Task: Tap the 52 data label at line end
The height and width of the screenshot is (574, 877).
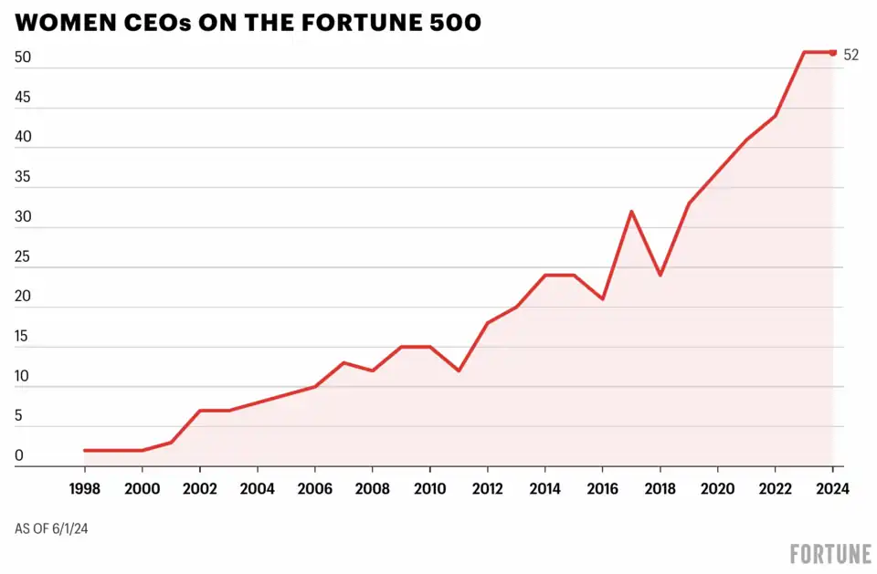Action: [x=851, y=55]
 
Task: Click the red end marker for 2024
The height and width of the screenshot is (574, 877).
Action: [x=833, y=52]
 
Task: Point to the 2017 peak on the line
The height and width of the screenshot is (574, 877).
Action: [x=631, y=211]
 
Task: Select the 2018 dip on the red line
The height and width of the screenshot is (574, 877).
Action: [x=660, y=275]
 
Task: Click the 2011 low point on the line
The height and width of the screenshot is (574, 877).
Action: [x=459, y=370]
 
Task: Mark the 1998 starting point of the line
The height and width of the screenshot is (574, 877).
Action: [x=84, y=450]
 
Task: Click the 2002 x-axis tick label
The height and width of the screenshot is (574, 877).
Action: [x=199, y=488]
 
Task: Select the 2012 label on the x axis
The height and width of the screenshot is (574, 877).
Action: [x=487, y=488]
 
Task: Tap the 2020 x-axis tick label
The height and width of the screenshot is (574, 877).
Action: [x=717, y=488]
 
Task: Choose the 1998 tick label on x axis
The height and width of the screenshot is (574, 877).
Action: [x=84, y=488]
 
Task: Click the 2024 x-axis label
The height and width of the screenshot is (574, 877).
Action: [x=832, y=488]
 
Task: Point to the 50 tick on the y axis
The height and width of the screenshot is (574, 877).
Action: [x=23, y=57]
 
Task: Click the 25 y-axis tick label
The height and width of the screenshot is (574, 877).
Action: [x=23, y=256]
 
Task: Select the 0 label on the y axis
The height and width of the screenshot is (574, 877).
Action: [x=19, y=456]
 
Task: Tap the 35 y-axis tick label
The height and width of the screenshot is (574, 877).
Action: [x=23, y=177]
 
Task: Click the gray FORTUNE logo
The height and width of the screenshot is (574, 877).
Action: [x=829, y=553]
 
